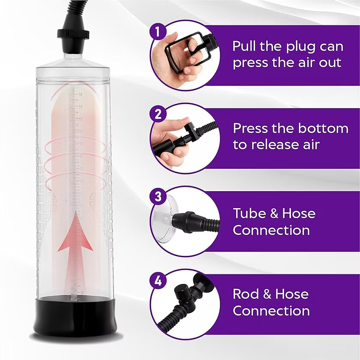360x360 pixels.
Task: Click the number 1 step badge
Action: (x=157, y=31)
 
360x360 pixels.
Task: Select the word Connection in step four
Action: (x=271, y=311)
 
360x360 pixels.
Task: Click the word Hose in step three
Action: (x=295, y=213)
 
